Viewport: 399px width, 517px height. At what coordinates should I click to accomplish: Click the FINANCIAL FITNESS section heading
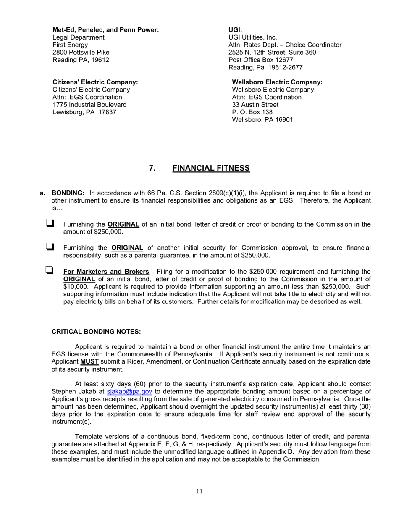211,168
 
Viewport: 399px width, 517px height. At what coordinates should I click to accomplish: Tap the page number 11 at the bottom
199,491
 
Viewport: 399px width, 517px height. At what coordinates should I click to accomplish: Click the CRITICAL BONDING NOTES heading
96,332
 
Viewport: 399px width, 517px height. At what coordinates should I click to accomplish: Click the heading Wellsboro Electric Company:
277,82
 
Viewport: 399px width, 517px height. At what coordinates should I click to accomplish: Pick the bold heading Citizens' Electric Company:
95,82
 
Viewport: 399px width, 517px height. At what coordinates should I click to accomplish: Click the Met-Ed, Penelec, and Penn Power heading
105,30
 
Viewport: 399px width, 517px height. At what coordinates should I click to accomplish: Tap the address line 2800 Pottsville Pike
81,52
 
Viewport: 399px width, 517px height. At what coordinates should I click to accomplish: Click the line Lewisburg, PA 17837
84,112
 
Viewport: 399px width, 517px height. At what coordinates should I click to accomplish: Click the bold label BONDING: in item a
68,193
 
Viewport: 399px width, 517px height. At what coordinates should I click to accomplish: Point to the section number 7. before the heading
152,168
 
